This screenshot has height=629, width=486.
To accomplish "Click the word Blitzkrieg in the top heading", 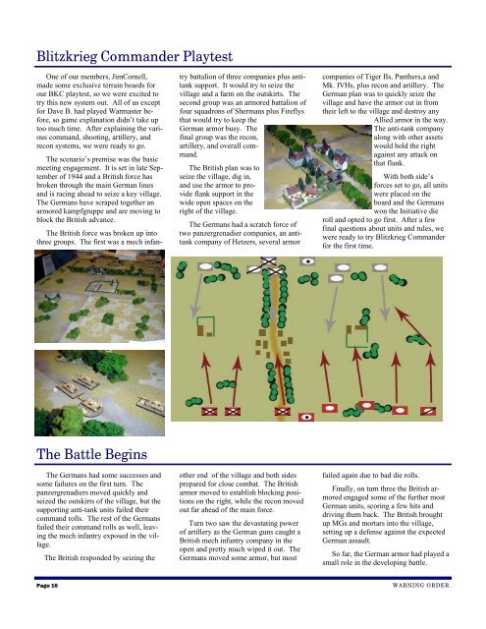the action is (x=67, y=57).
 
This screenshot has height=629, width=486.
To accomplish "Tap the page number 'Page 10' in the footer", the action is (x=47, y=586).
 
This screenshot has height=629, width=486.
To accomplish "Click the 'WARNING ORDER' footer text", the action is (x=420, y=586).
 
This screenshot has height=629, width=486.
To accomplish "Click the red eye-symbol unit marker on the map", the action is (x=306, y=417).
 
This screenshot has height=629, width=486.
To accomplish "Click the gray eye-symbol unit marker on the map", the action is (x=307, y=261).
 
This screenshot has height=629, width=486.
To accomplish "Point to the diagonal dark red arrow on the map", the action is (x=413, y=327).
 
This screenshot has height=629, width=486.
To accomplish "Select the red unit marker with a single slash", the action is (x=428, y=411).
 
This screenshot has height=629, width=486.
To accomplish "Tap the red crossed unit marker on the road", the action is (x=283, y=411).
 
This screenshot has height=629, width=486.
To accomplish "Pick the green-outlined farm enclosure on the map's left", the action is (x=206, y=326).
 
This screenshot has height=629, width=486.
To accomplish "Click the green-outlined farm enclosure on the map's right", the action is (x=356, y=336).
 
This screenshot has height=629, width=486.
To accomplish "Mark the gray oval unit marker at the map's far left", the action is (x=205, y=266).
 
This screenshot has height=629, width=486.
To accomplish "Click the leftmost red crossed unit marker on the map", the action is (x=209, y=411).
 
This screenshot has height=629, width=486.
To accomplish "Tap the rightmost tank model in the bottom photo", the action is (x=151, y=405).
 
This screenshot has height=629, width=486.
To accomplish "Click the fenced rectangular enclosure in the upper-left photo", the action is (x=101, y=286).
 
